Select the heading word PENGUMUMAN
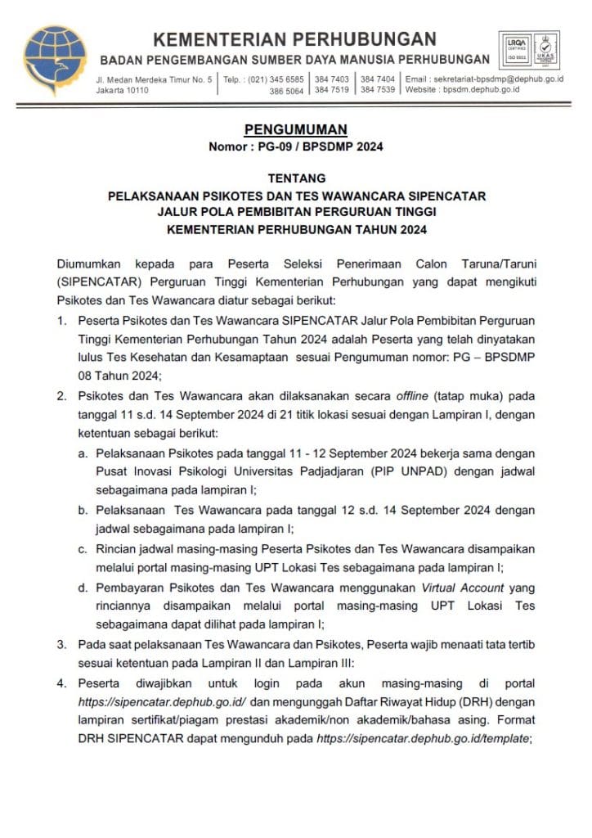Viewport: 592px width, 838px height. pyautogui.click(x=296, y=129)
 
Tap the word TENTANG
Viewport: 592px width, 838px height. pyautogui.click(x=296, y=178)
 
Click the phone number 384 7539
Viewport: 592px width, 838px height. pyautogui.click(x=378, y=89)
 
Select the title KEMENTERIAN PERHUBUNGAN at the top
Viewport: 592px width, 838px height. pyautogui.click(x=295, y=39)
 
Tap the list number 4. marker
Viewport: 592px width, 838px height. pyautogui.click(x=62, y=683)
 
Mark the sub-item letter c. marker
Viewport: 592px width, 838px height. pyautogui.click(x=83, y=547)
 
